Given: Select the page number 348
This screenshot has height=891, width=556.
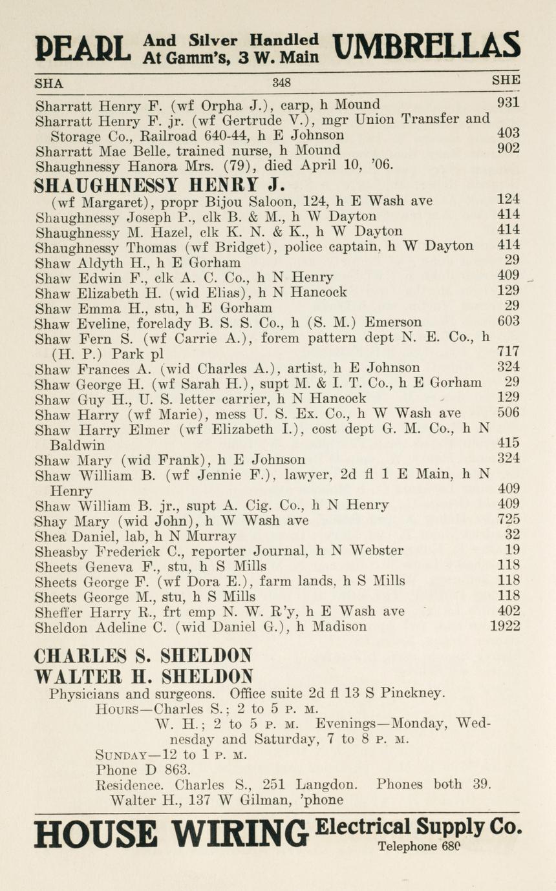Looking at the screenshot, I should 281,83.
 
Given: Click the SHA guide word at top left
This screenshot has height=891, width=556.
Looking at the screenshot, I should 49,83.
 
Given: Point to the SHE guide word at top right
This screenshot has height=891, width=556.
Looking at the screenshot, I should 506,81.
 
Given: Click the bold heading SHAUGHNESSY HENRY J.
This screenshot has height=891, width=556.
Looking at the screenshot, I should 159,185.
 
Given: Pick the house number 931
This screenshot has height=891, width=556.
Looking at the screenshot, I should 509,104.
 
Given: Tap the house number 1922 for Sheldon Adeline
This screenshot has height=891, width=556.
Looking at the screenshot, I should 504,626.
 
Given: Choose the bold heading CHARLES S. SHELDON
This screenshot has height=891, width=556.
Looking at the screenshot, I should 143,656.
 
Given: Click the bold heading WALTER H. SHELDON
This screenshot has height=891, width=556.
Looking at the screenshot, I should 143,676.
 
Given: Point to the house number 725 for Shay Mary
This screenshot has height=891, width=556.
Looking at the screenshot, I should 509,519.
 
